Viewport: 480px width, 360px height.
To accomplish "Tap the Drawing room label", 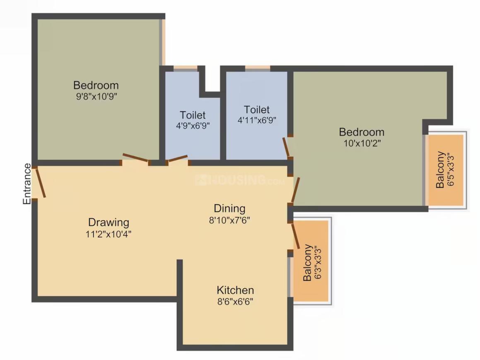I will (109, 222).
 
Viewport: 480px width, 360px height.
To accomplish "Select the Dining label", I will (229, 208).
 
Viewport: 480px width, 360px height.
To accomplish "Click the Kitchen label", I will (235, 290).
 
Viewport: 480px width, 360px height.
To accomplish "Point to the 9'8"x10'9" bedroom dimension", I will (96, 97).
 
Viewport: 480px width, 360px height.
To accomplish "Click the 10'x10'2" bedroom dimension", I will (362, 143).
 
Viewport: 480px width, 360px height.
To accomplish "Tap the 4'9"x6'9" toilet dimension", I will (193, 126).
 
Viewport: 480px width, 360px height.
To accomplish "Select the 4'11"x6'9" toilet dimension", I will (257, 121).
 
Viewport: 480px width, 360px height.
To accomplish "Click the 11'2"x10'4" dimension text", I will (109, 234).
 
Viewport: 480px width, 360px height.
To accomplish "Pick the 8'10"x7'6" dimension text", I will (229, 220).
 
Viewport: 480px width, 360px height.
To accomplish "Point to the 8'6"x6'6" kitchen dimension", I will (235, 301).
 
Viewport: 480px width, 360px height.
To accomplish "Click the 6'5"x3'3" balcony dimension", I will (451, 170).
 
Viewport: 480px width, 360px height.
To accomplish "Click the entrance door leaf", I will (40, 182).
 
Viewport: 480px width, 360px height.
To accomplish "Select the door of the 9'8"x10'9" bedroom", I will (136, 158).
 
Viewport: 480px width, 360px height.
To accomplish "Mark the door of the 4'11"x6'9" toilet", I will (286, 147).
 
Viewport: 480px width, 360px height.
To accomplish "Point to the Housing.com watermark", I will (240, 180).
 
